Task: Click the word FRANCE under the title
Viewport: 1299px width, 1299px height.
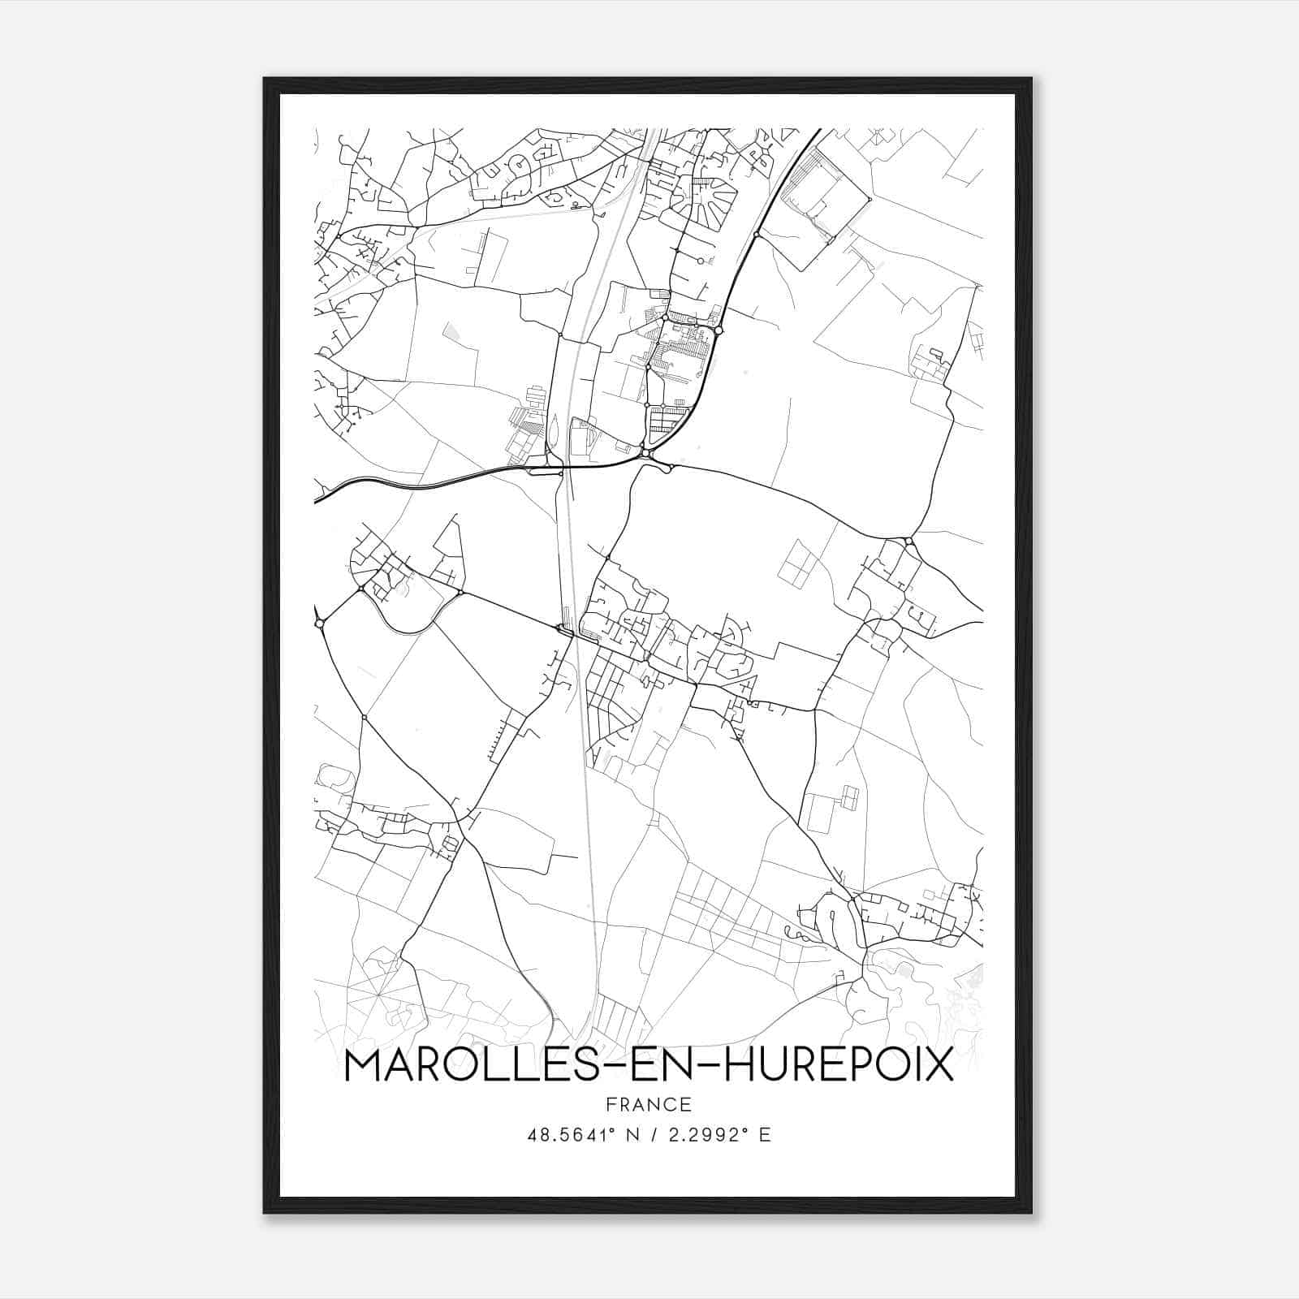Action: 649,1105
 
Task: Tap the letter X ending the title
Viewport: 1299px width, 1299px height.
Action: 937,1065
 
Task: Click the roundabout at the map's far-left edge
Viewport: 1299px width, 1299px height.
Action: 320,624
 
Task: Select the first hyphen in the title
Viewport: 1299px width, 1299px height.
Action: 611,1067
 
